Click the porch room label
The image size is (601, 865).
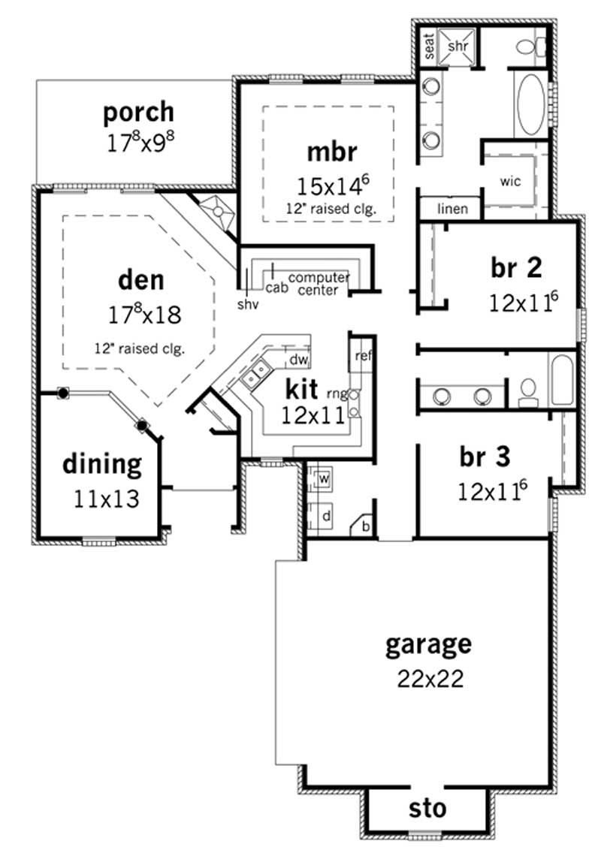pos(138,113)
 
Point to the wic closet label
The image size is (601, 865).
pos(510,181)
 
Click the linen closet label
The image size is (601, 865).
pos(453,209)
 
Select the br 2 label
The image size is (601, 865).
pos(518,267)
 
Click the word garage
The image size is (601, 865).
pos(428,644)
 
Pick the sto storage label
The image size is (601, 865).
pos(427,809)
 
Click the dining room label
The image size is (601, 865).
pos(101,464)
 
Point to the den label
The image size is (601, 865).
pos(140,280)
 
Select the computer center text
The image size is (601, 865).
pos(318,283)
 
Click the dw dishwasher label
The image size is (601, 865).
pos(299,360)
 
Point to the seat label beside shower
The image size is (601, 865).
pos(430,47)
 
